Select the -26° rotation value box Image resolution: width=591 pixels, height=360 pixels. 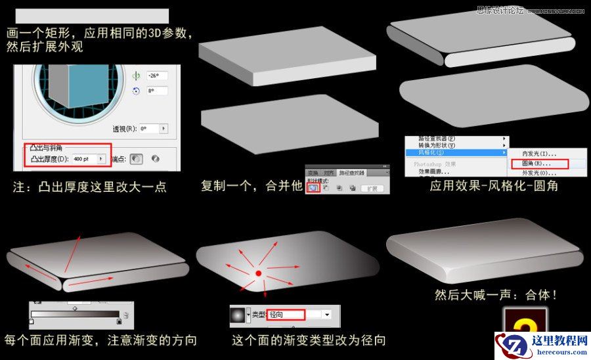tap(157, 75)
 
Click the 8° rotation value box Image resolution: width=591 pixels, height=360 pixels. tap(157, 91)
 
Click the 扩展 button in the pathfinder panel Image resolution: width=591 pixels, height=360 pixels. tap(371, 188)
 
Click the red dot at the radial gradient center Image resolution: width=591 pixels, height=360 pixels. tap(258, 273)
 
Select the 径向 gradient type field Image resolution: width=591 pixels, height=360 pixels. tap(286, 315)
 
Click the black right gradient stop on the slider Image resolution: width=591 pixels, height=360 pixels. tap(119, 322)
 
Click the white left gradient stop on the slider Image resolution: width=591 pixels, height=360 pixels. tap(31, 322)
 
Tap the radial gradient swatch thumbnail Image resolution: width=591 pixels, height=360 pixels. tap(237, 315)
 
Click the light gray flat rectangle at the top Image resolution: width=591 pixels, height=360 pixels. tap(92, 16)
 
